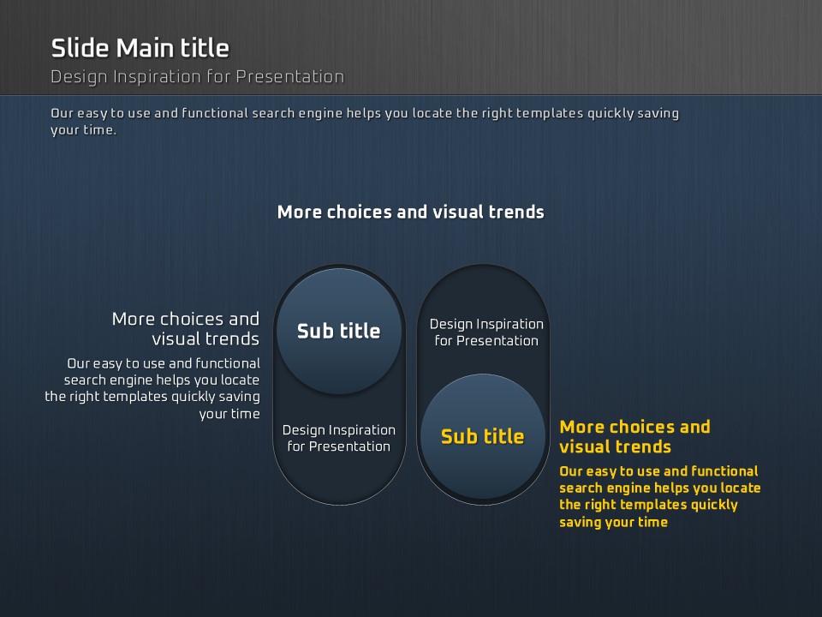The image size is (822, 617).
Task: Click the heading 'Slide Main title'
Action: pyautogui.click(x=140, y=48)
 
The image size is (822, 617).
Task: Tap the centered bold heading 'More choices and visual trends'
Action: pyautogui.click(x=410, y=212)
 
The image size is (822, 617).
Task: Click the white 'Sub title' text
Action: pyautogui.click(x=339, y=331)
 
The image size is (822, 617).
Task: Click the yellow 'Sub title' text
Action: pyautogui.click(x=482, y=436)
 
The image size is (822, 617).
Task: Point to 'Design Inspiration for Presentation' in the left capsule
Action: pyautogui.click(x=339, y=438)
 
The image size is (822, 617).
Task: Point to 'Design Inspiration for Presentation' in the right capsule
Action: pyautogui.click(x=486, y=332)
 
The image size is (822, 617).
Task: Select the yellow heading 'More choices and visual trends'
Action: pyautogui.click(x=634, y=436)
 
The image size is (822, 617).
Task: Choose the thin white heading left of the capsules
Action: pyautogui.click(x=186, y=328)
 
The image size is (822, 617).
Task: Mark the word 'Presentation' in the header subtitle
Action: pyautogui.click(x=290, y=77)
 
